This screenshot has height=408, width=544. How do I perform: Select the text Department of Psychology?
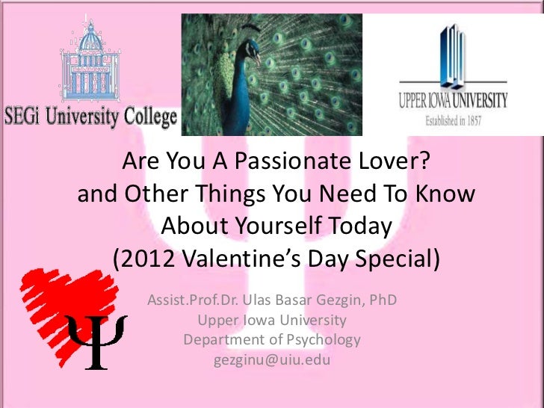pyautogui.click(x=272, y=340)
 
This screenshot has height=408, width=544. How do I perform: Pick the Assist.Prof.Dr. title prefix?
pyautogui.click(x=198, y=302)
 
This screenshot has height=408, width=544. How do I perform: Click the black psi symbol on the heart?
pyautogui.click(x=96, y=340)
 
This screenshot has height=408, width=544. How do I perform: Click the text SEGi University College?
pyautogui.click(x=90, y=117)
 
